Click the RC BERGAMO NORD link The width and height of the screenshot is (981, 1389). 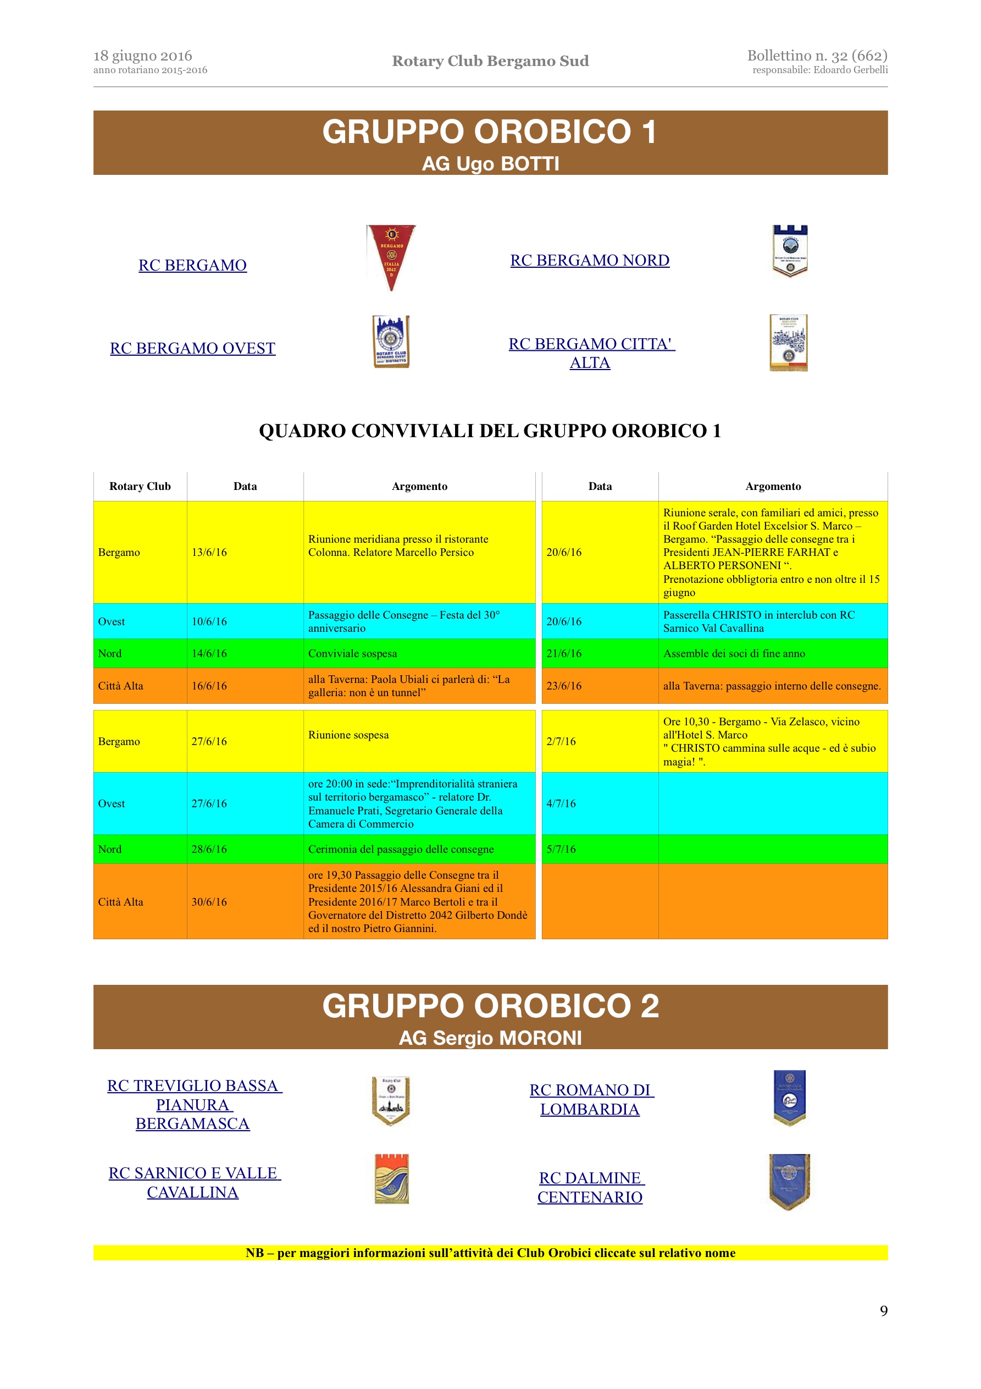click(590, 260)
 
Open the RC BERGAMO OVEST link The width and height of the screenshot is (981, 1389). click(192, 349)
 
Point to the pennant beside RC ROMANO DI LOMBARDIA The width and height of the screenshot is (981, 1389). click(789, 1098)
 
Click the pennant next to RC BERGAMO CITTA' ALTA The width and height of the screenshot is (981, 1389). click(789, 343)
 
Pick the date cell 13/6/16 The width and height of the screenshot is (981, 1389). click(209, 552)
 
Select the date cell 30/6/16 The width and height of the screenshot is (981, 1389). click(209, 901)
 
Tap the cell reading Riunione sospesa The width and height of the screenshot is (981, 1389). click(348, 735)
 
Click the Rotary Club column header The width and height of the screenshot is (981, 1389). click(140, 487)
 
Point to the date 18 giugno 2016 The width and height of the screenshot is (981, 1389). click(143, 56)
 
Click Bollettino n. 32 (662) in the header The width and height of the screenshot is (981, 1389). click(817, 56)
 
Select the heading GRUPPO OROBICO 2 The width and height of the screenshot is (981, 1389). click(490, 1006)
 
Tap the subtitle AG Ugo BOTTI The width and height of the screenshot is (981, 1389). click(490, 163)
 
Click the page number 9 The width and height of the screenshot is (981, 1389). click(884, 1310)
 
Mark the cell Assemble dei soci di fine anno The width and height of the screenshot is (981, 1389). click(734, 653)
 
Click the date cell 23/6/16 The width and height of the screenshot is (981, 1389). click(564, 686)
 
